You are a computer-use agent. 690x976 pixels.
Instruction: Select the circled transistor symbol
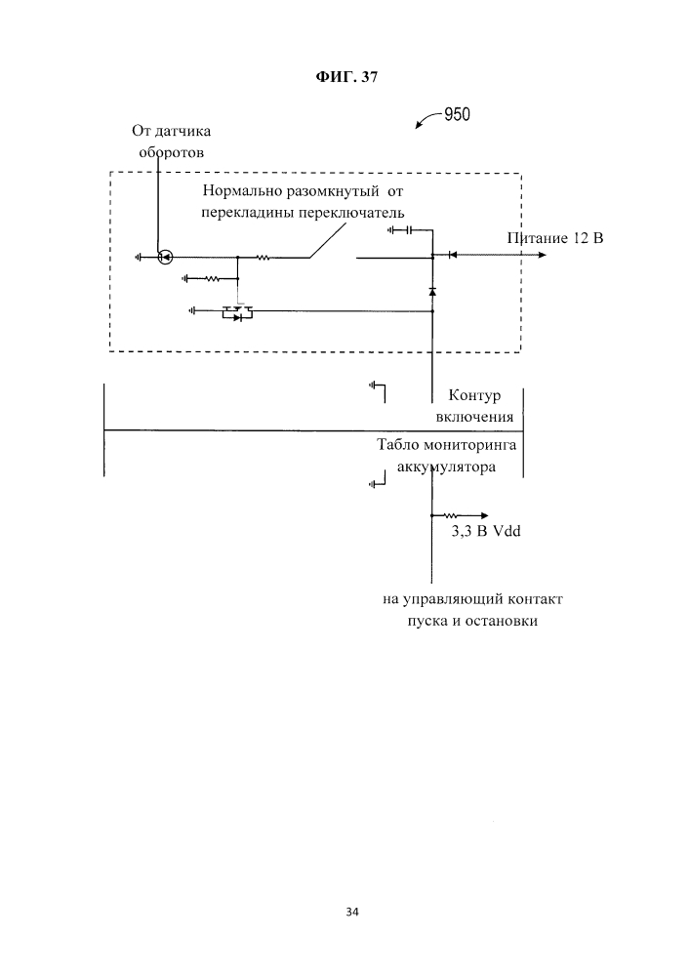(165, 258)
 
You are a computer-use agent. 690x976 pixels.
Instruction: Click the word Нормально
(244, 191)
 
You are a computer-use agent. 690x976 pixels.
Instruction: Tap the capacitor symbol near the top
(409, 230)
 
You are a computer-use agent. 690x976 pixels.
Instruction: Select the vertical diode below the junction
(432, 291)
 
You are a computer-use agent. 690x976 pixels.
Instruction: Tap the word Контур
(473, 396)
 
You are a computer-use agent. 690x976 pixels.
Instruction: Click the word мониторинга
(468, 446)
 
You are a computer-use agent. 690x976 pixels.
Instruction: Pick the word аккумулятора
(447, 467)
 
